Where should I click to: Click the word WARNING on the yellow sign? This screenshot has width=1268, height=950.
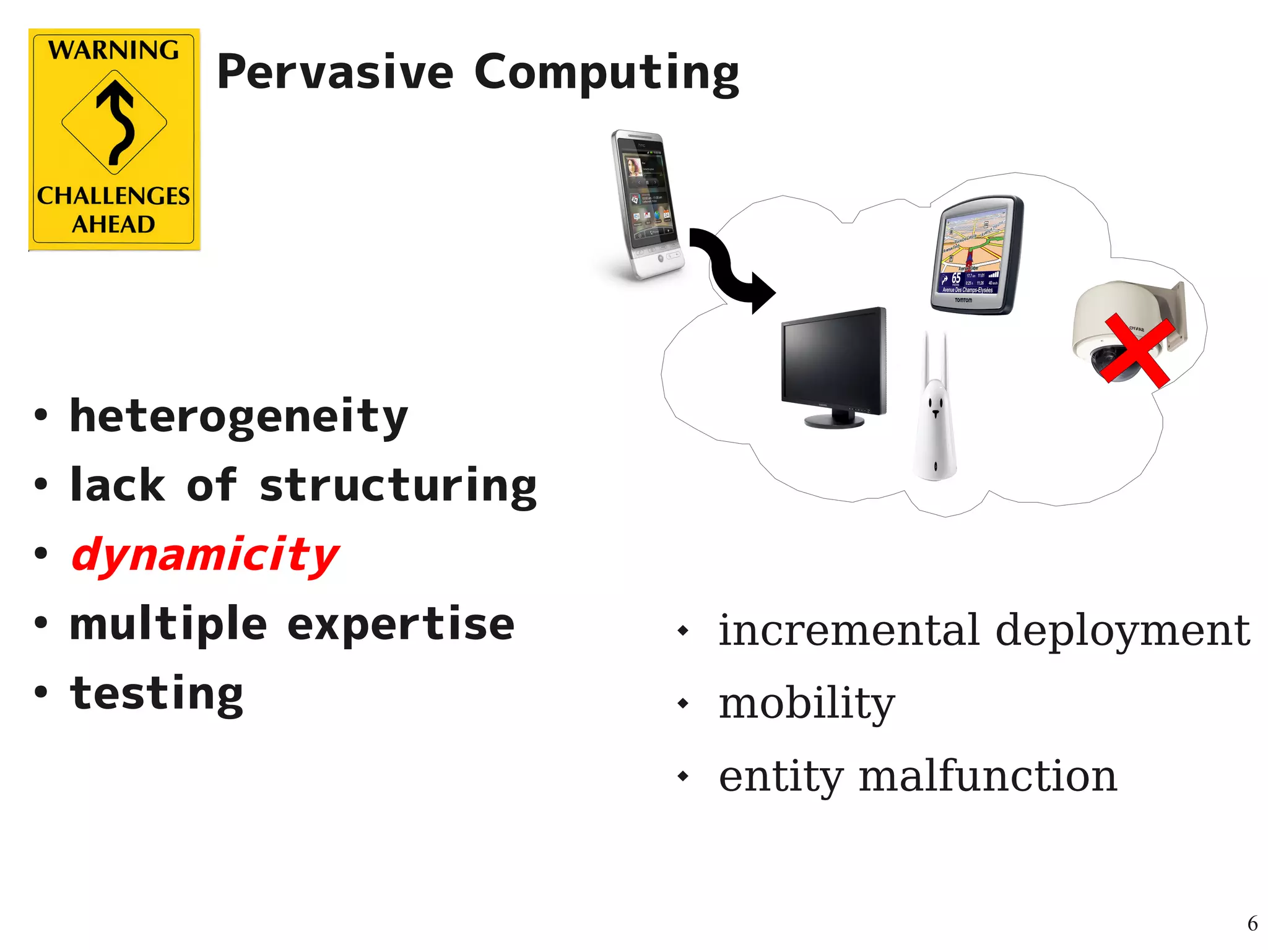click(114, 50)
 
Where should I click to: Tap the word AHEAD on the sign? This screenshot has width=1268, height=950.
click(113, 224)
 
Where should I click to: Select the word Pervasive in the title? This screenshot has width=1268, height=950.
click(335, 72)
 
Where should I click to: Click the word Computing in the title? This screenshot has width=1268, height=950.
click(606, 74)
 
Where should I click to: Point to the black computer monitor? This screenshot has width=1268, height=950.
click(833, 365)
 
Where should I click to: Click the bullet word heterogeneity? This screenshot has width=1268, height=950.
click(239, 417)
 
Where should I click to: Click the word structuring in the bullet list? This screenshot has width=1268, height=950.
click(398, 486)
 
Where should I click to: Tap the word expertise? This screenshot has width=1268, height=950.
click(401, 624)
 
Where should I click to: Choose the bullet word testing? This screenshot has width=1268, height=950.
click(157, 694)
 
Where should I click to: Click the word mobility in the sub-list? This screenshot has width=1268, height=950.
click(806, 703)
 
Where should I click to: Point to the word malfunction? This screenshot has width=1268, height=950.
click(988, 776)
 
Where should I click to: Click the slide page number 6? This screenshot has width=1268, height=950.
click(1252, 923)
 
